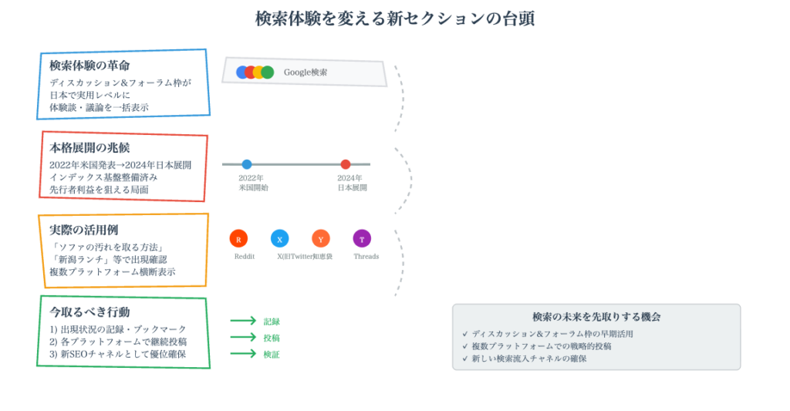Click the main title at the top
[394, 19]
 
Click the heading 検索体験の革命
[89, 66]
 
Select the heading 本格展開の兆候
[89, 147]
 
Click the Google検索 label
[306, 72]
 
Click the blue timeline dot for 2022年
[247, 164]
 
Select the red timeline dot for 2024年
[346, 164]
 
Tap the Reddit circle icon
[238, 239]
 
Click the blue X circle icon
[279, 239]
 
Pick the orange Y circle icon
[321, 239]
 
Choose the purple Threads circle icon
[362, 239]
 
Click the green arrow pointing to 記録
[243, 321]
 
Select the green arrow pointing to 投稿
[243, 338]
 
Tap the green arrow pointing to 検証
[243, 354]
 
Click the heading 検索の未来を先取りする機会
[596, 317]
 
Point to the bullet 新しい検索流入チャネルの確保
[529, 359]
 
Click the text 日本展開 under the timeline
[352, 188]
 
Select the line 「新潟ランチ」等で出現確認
[108, 260]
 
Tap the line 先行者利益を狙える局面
[99, 190]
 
